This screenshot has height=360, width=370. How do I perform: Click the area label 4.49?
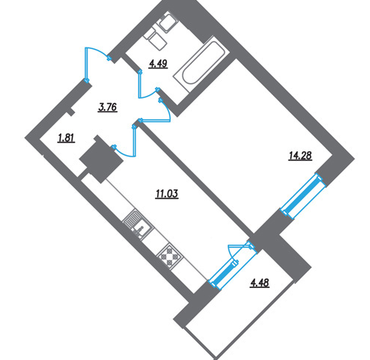point(158,64)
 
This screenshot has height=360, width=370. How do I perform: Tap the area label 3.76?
point(108,108)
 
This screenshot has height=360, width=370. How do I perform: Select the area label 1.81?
point(66,138)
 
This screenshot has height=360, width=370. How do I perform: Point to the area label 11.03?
point(167,194)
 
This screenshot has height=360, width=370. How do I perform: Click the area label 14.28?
point(300,156)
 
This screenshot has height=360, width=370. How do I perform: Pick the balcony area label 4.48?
point(260,283)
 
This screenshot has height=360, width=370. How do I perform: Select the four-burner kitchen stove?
point(171,257)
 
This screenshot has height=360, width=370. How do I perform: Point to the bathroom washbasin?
point(168,23)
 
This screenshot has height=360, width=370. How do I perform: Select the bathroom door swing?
point(148,84)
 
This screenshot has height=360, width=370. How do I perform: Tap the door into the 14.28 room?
point(158,114)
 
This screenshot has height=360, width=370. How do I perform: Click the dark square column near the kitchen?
point(102,159)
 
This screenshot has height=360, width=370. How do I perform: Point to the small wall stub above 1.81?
point(71,112)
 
